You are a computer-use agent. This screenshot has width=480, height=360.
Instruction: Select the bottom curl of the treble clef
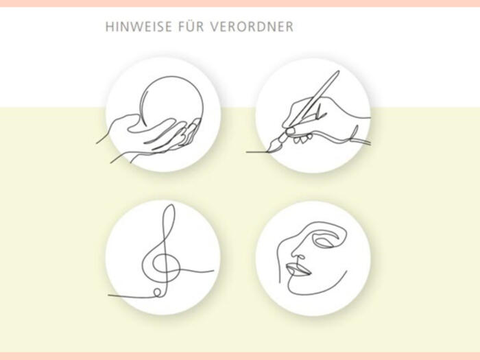pos(158,292)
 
